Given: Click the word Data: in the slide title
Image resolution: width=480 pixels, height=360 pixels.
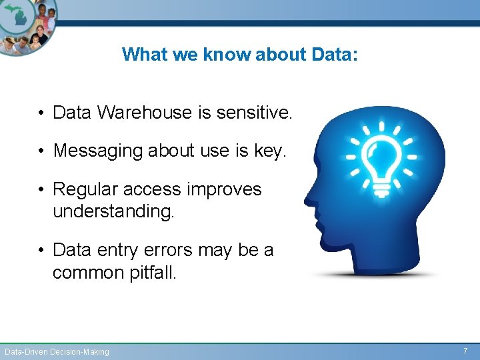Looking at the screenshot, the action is [335, 54].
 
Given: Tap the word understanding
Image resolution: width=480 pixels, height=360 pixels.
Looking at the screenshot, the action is [113, 212].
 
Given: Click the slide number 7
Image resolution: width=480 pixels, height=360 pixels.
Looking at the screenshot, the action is [465, 351].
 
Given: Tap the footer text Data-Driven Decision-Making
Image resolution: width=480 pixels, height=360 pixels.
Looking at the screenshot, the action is [57, 351].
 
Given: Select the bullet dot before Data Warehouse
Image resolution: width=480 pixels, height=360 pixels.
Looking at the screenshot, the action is [41, 113].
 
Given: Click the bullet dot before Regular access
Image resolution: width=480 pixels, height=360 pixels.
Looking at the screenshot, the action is [41, 190].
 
